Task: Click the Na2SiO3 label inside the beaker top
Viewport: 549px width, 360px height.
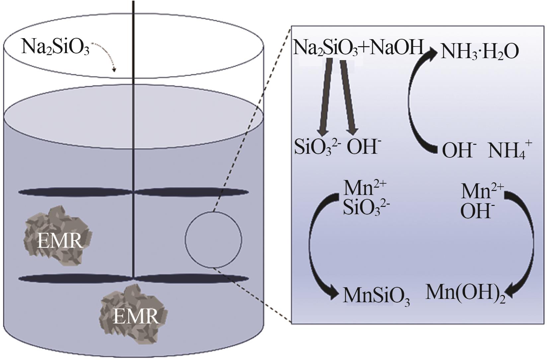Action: pos(55,47)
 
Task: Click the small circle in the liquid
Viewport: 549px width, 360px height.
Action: pos(213,239)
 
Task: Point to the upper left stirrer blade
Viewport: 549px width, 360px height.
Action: pos(76,192)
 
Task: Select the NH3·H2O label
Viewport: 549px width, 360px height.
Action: pos(479,52)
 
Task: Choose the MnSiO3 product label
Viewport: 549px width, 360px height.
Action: pos(376,296)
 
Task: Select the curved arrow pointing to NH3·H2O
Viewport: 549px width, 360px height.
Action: pos(415,100)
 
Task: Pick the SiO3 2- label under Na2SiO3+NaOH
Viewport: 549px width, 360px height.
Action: pos(317,147)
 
